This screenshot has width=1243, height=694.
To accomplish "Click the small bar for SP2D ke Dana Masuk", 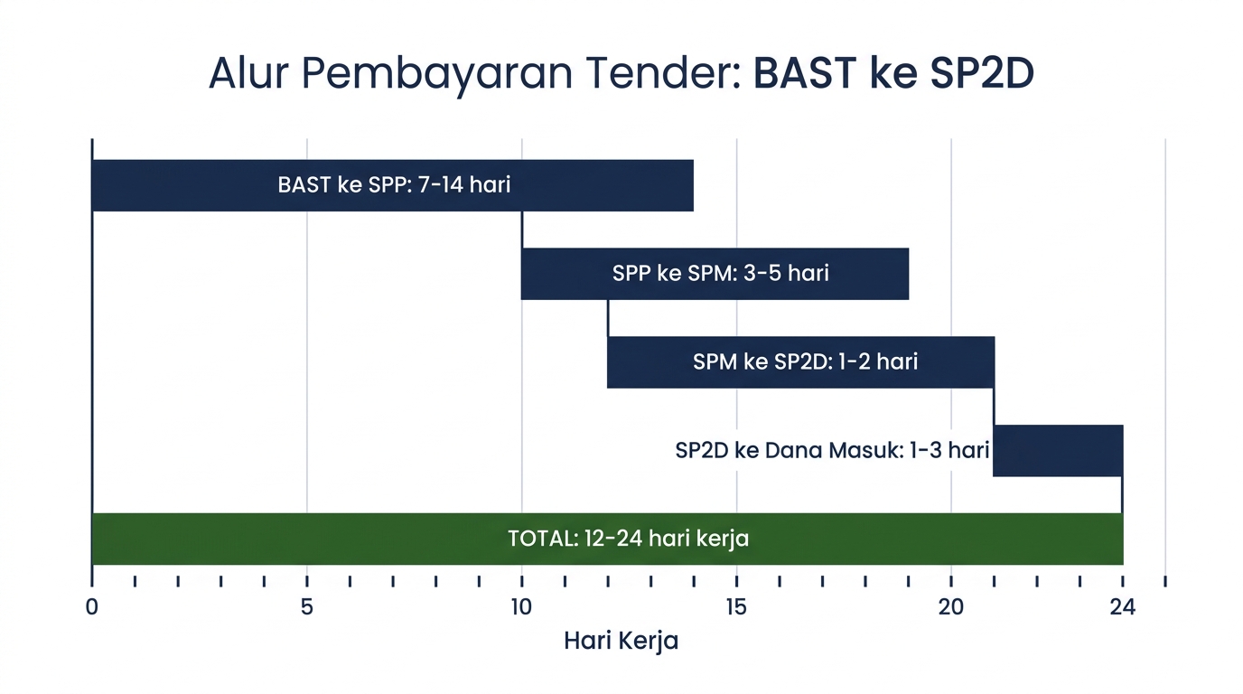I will (1058, 450).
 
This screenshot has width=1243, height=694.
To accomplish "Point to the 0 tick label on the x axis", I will (91, 608).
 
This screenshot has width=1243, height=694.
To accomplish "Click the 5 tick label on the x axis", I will (307, 608).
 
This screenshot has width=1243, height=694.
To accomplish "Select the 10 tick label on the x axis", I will (521, 608).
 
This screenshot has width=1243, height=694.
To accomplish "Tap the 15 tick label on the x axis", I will (736, 608).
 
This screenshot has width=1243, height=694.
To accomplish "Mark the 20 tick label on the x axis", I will (951, 608).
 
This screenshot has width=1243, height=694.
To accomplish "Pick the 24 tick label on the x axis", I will (1122, 608).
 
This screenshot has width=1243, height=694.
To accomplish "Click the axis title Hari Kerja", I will (621, 642).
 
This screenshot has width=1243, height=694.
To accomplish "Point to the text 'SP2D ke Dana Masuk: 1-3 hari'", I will (832, 450).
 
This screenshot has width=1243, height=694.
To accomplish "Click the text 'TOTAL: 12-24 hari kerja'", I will (628, 539).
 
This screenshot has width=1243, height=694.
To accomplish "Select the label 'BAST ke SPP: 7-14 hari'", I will (394, 185).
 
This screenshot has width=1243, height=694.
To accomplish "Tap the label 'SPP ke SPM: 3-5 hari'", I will (720, 273).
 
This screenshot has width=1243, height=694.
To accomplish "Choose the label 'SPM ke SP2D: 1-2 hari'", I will (805, 361).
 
